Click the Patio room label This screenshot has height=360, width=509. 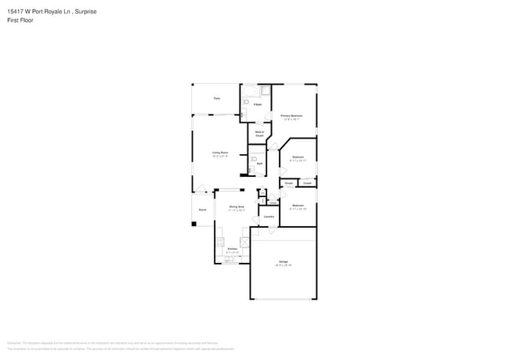point(216,98)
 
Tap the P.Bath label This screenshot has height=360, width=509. point(257,104)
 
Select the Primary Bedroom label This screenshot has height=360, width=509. point(292,117)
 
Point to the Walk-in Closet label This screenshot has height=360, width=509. point(259,134)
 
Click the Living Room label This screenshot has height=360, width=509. point(219,153)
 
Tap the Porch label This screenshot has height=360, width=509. point(202,210)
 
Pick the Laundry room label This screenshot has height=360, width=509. point(269,217)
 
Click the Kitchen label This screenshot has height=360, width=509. point(232,250)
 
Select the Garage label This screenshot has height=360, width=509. point(283,263)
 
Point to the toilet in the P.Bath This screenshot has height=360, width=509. point(243,114)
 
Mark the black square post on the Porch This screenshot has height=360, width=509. point(194,225)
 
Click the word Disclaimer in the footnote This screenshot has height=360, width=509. point(13,344)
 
